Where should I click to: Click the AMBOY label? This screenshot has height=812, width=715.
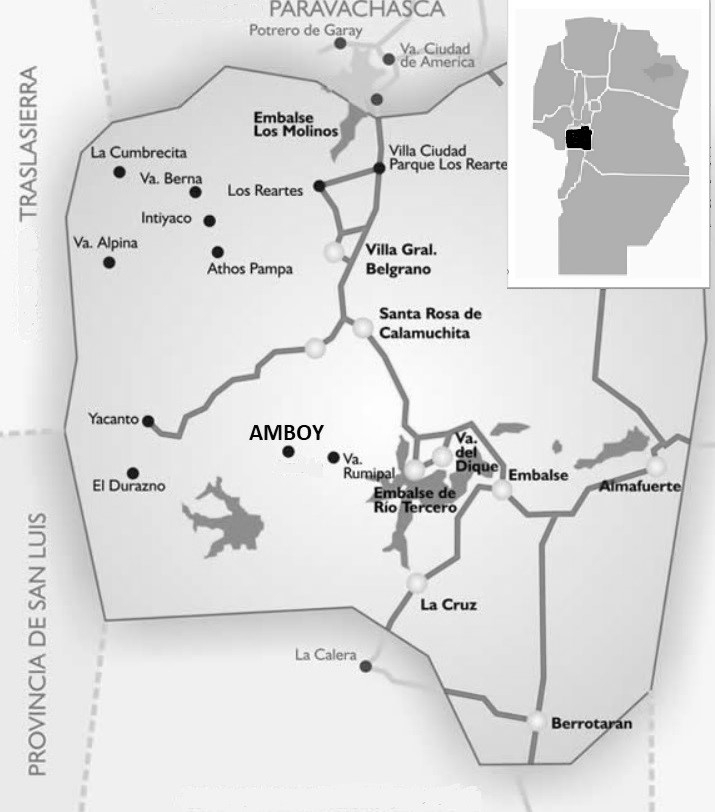coord(286,433)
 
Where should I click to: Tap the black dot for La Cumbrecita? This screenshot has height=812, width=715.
coord(119,172)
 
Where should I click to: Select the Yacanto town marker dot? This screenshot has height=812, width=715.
coord(148,421)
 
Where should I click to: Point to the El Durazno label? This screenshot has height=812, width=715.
coord(128,487)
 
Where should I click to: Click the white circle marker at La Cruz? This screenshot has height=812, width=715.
coord(417,583)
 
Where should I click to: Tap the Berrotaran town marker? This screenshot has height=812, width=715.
coord(538,721)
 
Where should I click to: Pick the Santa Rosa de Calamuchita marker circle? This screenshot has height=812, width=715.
coord(362,327)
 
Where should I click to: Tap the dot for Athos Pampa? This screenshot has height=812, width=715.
coord(218,252)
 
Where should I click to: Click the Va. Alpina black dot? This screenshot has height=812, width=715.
coord(109,262)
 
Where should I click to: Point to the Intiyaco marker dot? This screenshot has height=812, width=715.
coord(209,221)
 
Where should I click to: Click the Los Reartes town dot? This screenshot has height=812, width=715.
coord(318,186)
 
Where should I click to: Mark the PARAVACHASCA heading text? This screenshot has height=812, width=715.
coord(357,10)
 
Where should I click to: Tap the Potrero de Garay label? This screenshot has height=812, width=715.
coord(298,31)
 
